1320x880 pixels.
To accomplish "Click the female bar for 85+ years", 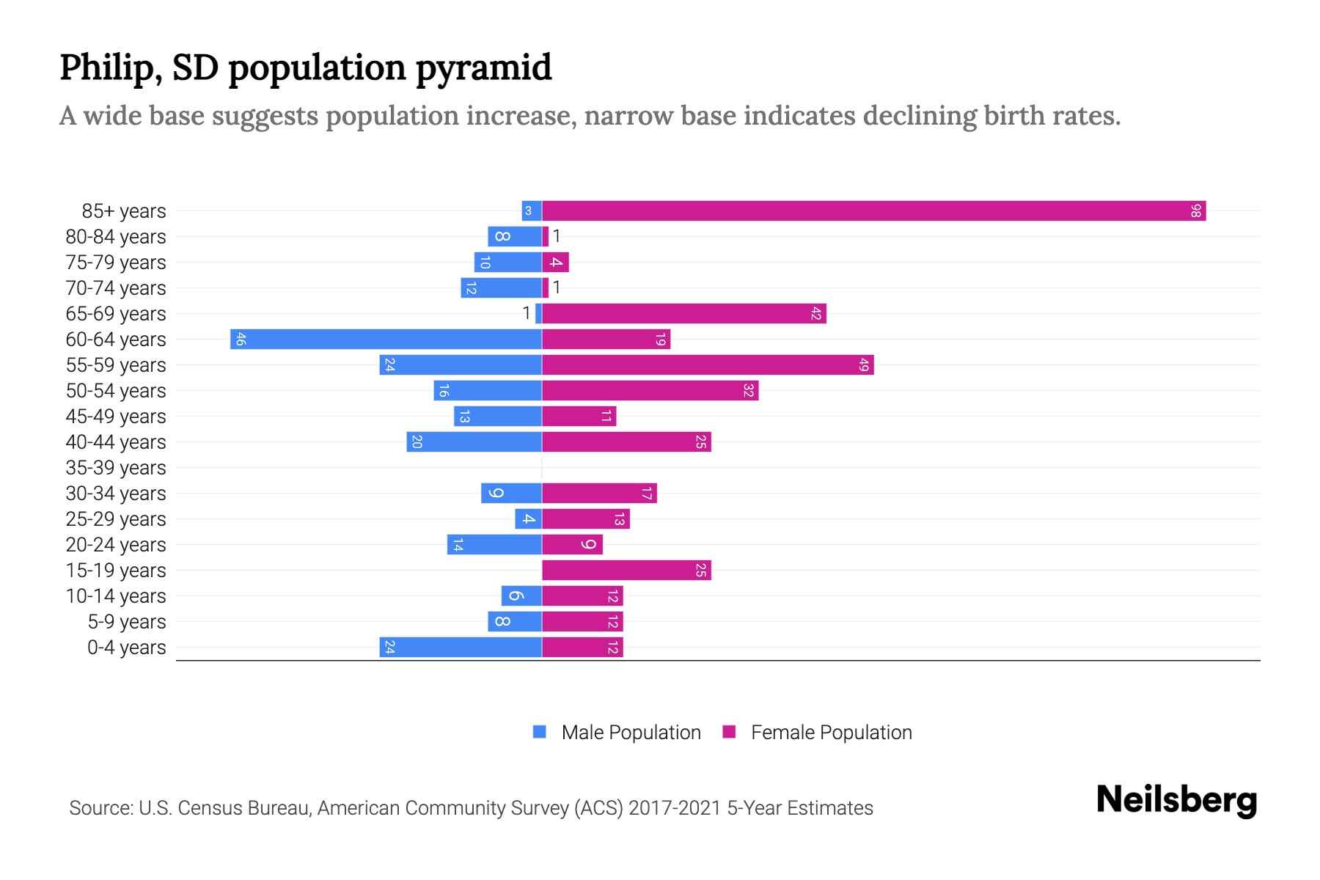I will pos(873,211).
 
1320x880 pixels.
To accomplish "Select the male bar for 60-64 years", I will pos(386,340).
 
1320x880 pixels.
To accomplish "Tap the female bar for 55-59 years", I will pos(708,365).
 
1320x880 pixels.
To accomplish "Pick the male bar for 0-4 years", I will pos(461,648).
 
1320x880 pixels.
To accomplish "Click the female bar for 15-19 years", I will pos(626,571).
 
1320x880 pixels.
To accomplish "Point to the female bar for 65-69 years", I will pos(683,314).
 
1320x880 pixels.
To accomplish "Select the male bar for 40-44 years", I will pos(474,442).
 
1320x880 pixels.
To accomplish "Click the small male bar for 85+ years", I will pos(532,211).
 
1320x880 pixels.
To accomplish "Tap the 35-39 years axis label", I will pos(116,468).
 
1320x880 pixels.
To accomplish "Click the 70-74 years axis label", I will pos(116,288).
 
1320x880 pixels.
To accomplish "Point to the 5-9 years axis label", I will pos(127,622).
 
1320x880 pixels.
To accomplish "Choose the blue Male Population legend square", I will pos(540,732).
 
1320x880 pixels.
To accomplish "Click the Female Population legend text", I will pos(831,733).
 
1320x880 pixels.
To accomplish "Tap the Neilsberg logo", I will pos(1176,800).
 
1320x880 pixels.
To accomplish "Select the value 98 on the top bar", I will pos(1196,211).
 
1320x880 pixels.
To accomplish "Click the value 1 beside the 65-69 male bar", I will pos(526,313).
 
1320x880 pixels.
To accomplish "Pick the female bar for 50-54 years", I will pos(650,391).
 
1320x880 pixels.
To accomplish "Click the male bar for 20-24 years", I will pos(494,545).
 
